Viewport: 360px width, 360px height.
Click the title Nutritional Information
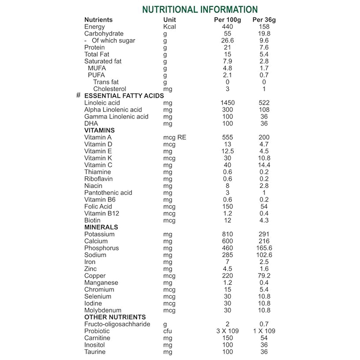pos(200,10)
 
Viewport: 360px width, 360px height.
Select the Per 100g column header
pos(227,20)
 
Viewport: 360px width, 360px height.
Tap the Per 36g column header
pos(264,20)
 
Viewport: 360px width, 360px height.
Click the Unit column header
pos(169,20)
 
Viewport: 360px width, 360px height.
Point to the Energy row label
pos(94,27)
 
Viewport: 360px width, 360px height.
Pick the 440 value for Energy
pos(227,27)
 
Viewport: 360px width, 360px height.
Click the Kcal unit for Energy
pos(169,27)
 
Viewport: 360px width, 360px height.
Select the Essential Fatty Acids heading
pos(124,96)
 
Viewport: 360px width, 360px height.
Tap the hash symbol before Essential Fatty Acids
pos(78,96)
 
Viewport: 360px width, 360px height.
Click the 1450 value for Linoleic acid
pos(227,103)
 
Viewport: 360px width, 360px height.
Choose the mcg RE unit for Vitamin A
pos(175,137)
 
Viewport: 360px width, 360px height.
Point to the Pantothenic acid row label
pos(108,193)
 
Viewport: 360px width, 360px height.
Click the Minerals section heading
pos(101,227)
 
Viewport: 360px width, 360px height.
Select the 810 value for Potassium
pos(227,234)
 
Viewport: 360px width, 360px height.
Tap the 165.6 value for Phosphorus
pos(264,248)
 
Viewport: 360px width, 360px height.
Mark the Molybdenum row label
pos(103,310)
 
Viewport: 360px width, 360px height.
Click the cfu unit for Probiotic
pos(167,331)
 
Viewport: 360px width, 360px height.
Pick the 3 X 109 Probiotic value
pos(227,331)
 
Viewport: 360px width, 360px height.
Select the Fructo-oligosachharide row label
pos(117,324)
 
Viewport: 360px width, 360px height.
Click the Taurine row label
pos(95,352)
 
